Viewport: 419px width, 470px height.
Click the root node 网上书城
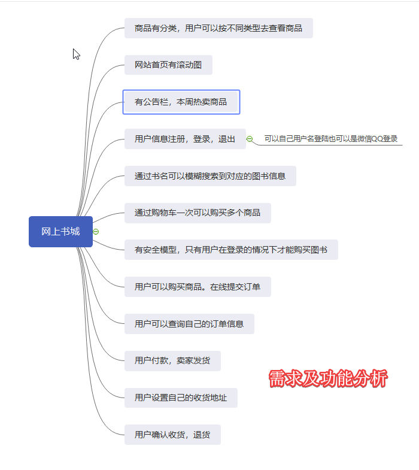tap(60, 232)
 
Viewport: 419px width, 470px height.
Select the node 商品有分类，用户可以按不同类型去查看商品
tap(218, 28)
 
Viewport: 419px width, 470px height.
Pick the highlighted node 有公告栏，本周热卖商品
tap(181, 102)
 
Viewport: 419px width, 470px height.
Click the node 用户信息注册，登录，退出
tap(185, 139)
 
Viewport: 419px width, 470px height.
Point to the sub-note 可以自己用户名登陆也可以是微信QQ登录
tap(331, 139)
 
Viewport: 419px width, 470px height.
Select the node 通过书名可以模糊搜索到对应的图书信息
tap(210, 176)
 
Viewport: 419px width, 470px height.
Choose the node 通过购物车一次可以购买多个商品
tap(197, 213)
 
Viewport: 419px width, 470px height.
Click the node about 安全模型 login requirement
tap(231, 250)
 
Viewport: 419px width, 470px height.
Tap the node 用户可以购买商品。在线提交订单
tap(198, 287)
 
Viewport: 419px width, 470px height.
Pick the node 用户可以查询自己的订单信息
tap(189, 324)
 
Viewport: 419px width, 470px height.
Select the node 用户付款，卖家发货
tap(172, 361)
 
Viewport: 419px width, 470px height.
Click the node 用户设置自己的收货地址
tap(181, 398)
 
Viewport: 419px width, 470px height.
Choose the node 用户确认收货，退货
tap(172, 435)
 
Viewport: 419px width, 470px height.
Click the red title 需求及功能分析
tap(328, 379)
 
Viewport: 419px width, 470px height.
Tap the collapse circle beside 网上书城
tap(96, 232)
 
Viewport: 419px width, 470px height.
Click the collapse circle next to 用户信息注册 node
tap(250, 139)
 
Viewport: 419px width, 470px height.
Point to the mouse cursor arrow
tap(76, 54)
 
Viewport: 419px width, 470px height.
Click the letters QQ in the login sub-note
tap(377, 139)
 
